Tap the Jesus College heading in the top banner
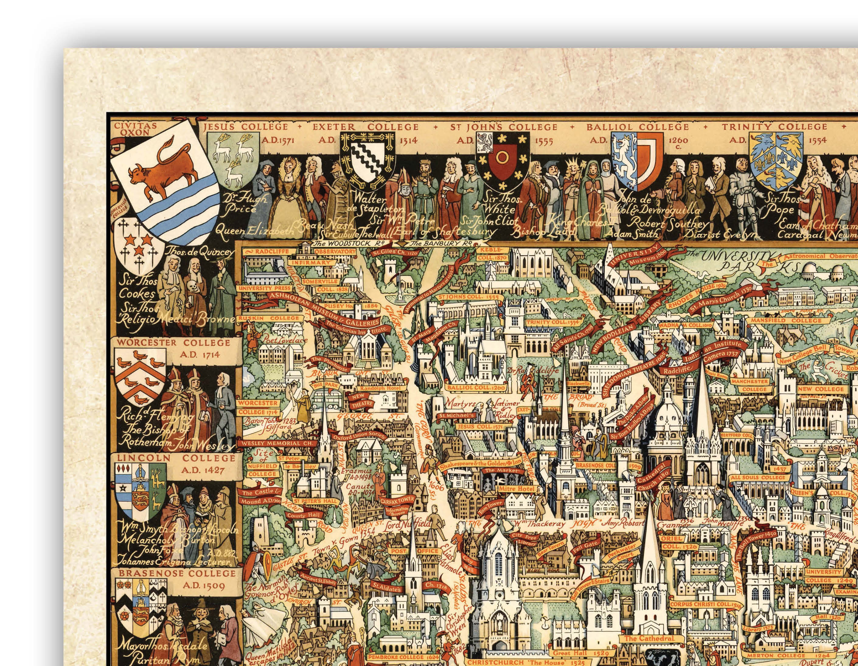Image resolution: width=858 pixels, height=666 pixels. [x=245, y=127]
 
